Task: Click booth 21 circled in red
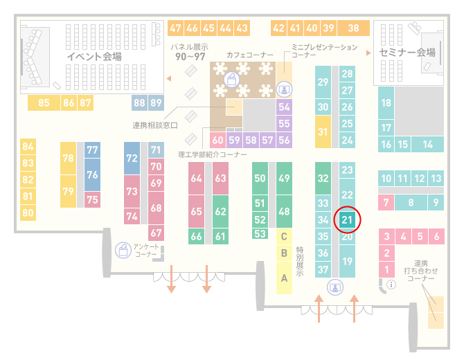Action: (x=347, y=219)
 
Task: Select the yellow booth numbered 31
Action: (x=323, y=132)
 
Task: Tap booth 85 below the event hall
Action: (x=44, y=102)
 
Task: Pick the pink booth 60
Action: (x=217, y=140)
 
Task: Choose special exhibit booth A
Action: (x=284, y=278)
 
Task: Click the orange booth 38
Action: (x=354, y=28)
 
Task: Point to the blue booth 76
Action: (x=92, y=174)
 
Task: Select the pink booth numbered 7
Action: (x=386, y=202)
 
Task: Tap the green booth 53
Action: (x=260, y=234)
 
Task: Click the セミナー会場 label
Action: (x=407, y=53)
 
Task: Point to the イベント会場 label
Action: (x=94, y=56)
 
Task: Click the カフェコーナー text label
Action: (x=250, y=55)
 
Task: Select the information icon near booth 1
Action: (x=391, y=285)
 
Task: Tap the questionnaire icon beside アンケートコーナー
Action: (x=123, y=250)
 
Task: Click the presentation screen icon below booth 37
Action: (x=335, y=287)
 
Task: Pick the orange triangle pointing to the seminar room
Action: (x=368, y=53)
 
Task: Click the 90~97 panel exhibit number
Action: (x=190, y=56)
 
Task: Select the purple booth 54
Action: (x=284, y=107)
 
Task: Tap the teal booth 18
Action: (x=386, y=102)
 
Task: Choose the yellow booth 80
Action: (x=28, y=213)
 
